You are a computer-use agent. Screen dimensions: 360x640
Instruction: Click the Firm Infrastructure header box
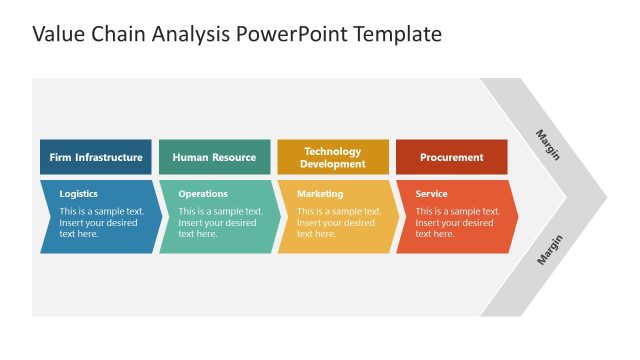(x=96, y=157)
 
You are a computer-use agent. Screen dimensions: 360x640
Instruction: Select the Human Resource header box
(x=214, y=157)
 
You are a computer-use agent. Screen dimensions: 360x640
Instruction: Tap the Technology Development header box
(x=332, y=157)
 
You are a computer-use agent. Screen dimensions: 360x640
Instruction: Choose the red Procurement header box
(x=451, y=157)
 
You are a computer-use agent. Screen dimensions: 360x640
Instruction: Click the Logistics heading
(x=79, y=194)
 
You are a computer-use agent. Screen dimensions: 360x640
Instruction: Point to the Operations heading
(x=203, y=194)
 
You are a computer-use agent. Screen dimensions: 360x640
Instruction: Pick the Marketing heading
(x=320, y=194)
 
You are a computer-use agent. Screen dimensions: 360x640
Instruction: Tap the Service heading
(x=431, y=194)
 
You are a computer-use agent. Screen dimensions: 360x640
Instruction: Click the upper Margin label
(x=548, y=144)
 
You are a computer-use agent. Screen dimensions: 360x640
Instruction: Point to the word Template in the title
(x=392, y=35)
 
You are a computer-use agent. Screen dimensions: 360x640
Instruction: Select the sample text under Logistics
(x=101, y=223)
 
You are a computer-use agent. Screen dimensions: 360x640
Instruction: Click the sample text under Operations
(x=220, y=223)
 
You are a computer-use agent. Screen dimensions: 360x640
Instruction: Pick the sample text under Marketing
(x=339, y=223)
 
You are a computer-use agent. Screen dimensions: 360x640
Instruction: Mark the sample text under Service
(x=457, y=223)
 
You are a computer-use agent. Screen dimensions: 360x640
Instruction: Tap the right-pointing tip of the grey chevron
(x=604, y=196)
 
